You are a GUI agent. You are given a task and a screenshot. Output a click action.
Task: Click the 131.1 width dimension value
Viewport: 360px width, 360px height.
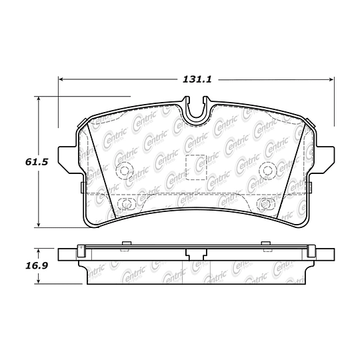coord(197,79)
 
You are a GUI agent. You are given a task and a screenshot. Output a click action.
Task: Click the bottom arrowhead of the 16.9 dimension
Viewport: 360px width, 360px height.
coord(39,281)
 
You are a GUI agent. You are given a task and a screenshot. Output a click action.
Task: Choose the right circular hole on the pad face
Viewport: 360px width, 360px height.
coord(267,169)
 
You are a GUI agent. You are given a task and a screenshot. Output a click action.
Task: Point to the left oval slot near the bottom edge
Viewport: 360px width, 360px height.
coord(124,204)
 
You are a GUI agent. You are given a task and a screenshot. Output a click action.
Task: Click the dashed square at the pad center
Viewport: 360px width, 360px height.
coord(196,165)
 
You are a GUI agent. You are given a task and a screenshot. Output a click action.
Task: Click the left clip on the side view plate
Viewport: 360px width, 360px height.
coord(82,251)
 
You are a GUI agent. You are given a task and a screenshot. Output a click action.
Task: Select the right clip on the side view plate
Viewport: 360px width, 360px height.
coord(310,251)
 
